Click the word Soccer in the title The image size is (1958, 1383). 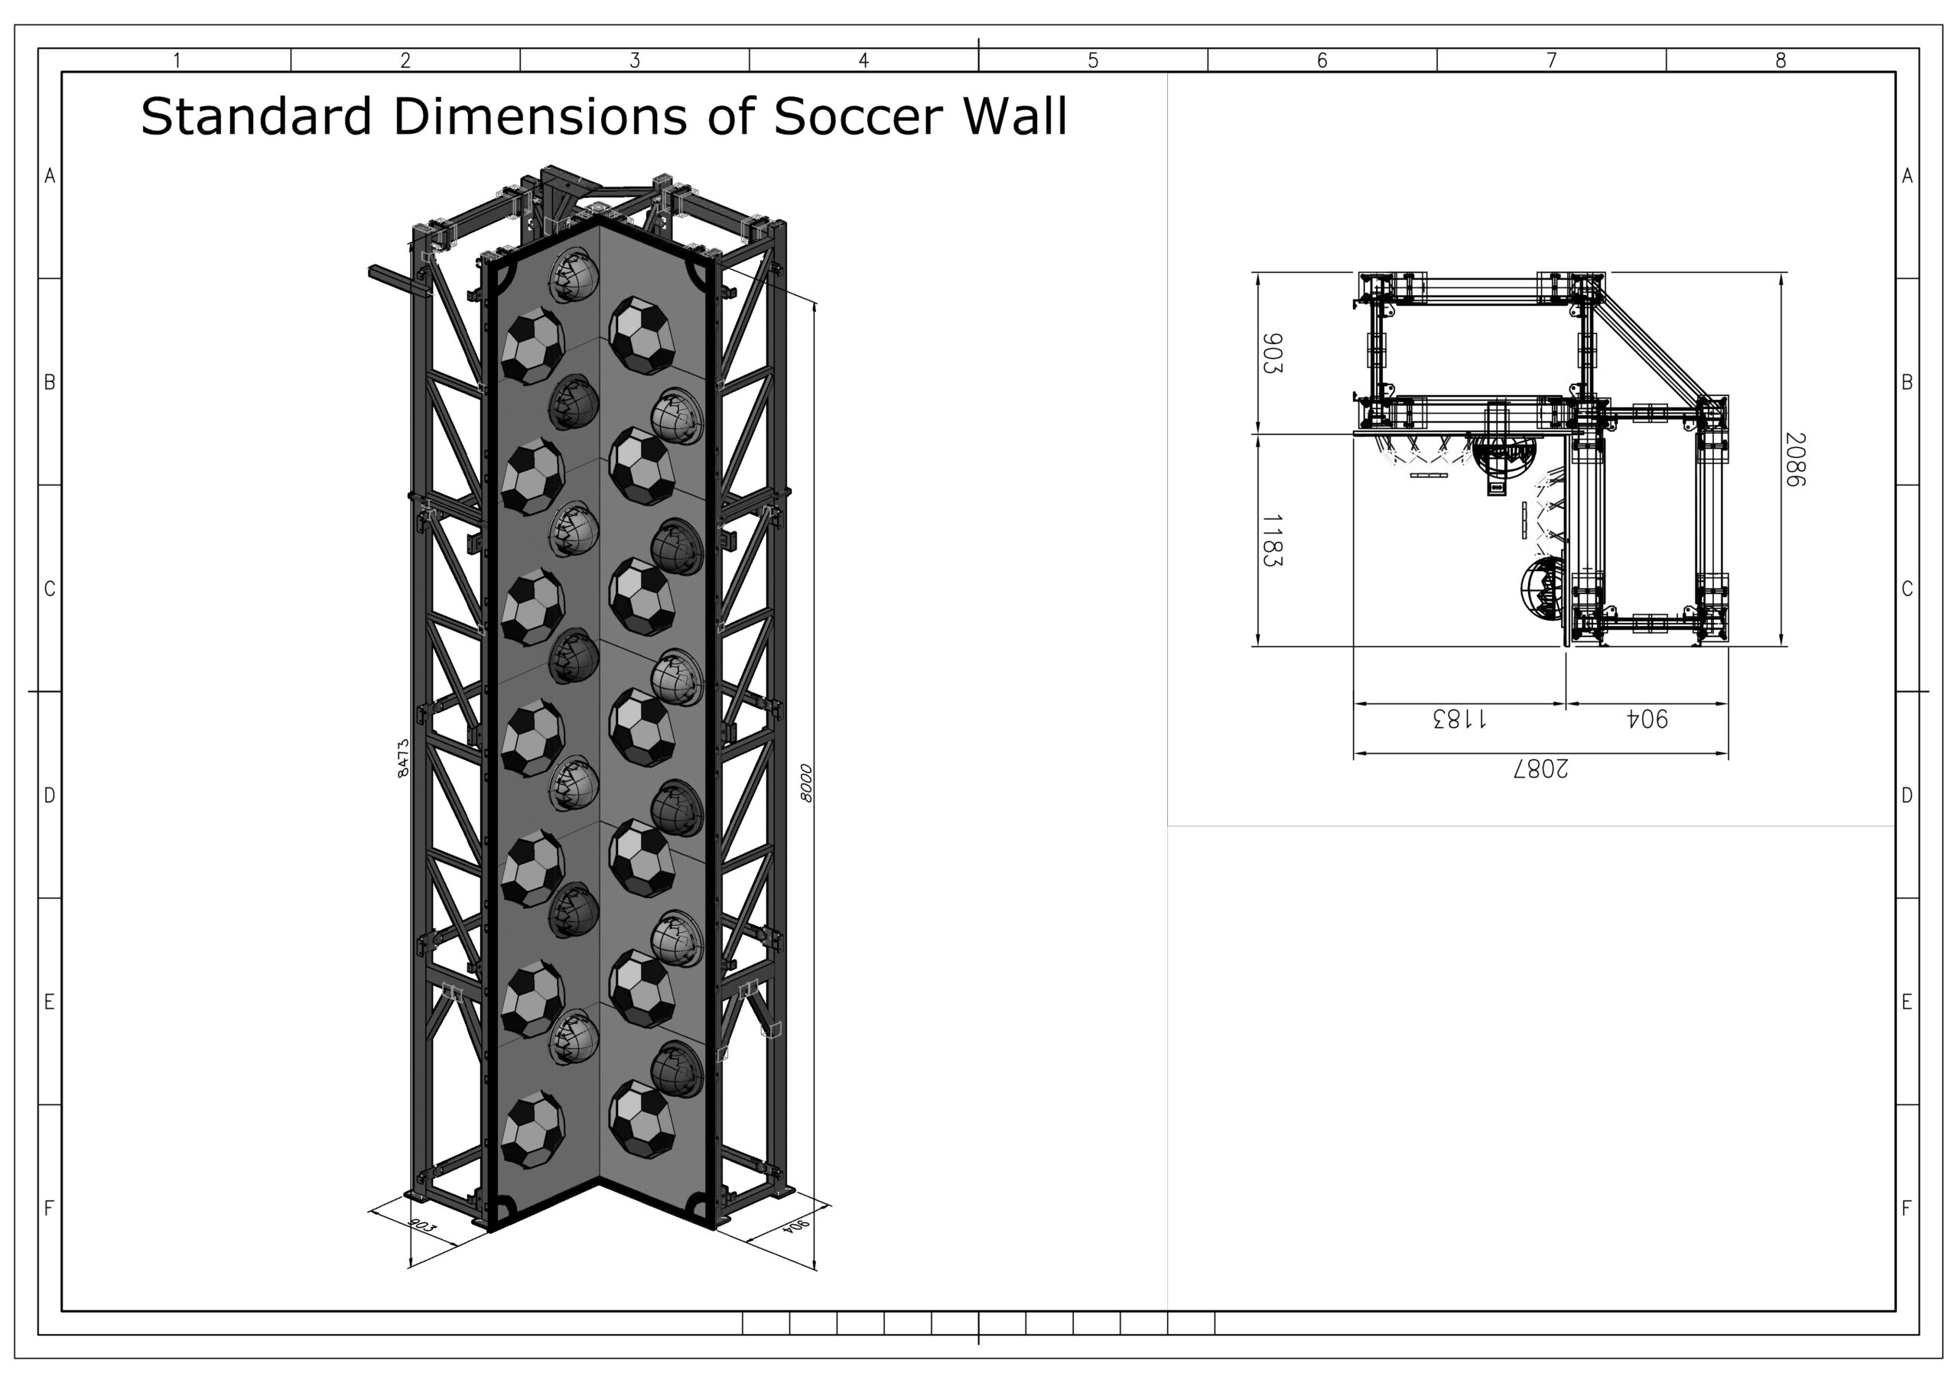(x=860, y=116)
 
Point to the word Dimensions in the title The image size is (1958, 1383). (x=540, y=116)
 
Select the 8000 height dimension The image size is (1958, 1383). (x=806, y=783)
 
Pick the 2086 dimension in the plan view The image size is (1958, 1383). (x=1796, y=459)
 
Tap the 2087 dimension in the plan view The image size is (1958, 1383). (x=1541, y=769)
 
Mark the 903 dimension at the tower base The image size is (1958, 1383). (x=423, y=1226)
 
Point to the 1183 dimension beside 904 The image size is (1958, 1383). (x=1460, y=719)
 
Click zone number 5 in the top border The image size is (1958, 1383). (x=1093, y=60)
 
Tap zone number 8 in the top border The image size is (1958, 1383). (x=1781, y=60)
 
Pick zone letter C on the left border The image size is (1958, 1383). (x=50, y=589)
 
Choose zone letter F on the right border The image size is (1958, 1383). (x=1907, y=1208)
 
